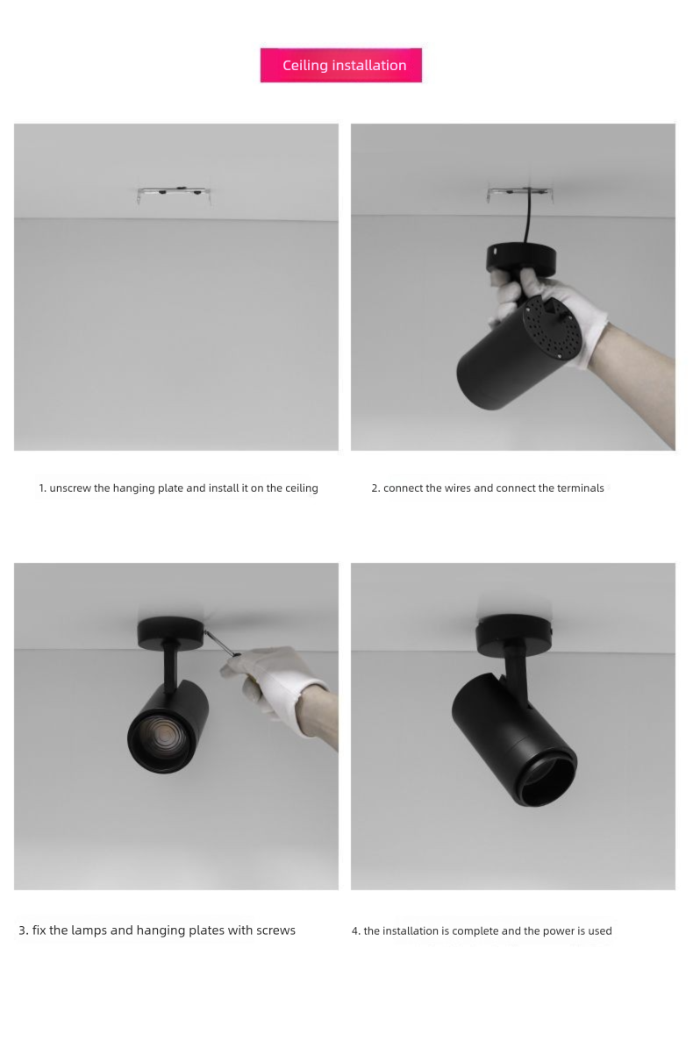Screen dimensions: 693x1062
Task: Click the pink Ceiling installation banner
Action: click(x=340, y=65)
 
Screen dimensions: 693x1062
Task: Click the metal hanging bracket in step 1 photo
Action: click(x=174, y=195)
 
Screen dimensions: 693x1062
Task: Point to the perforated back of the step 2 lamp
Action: click(x=552, y=328)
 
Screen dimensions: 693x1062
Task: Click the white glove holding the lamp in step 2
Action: click(x=550, y=313)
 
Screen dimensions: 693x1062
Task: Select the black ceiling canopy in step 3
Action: click(x=171, y=632)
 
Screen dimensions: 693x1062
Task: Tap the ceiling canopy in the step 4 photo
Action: click(x=514, y=634)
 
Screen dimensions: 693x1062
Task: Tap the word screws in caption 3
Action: click(x=275, y=930)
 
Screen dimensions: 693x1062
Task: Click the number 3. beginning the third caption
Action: click(x=24, y=930)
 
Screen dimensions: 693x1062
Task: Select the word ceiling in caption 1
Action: click(x=301, y=488)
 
